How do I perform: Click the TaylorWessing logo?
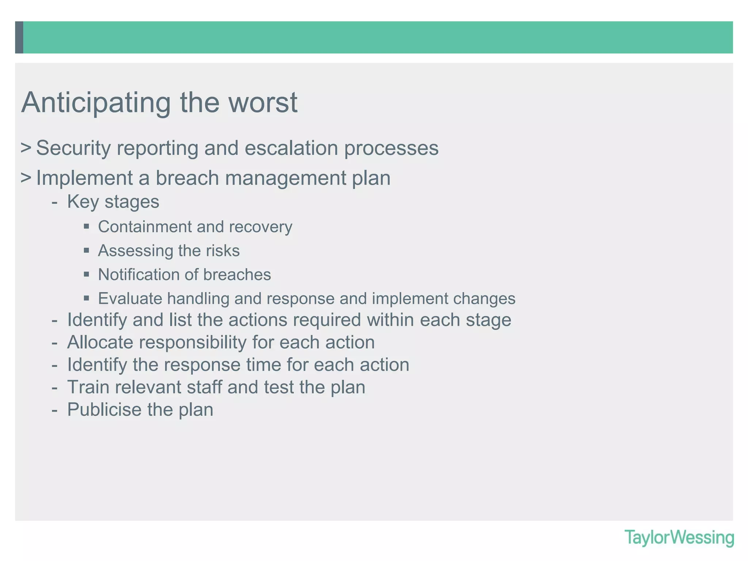(x=679, y=538)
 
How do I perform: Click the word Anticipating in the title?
(x=96, y=103)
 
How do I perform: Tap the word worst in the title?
(x=263, y=103)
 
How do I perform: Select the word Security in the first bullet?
(x=73, y=148)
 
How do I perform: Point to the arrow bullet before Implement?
(x=26, y=178)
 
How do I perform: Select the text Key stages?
(x=113, y=202)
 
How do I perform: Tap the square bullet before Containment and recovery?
(x=87, y=226)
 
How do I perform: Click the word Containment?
(x=144, y=227)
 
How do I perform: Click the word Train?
(x=88, y=387)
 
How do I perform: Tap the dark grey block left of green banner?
(x=19, y=37)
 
